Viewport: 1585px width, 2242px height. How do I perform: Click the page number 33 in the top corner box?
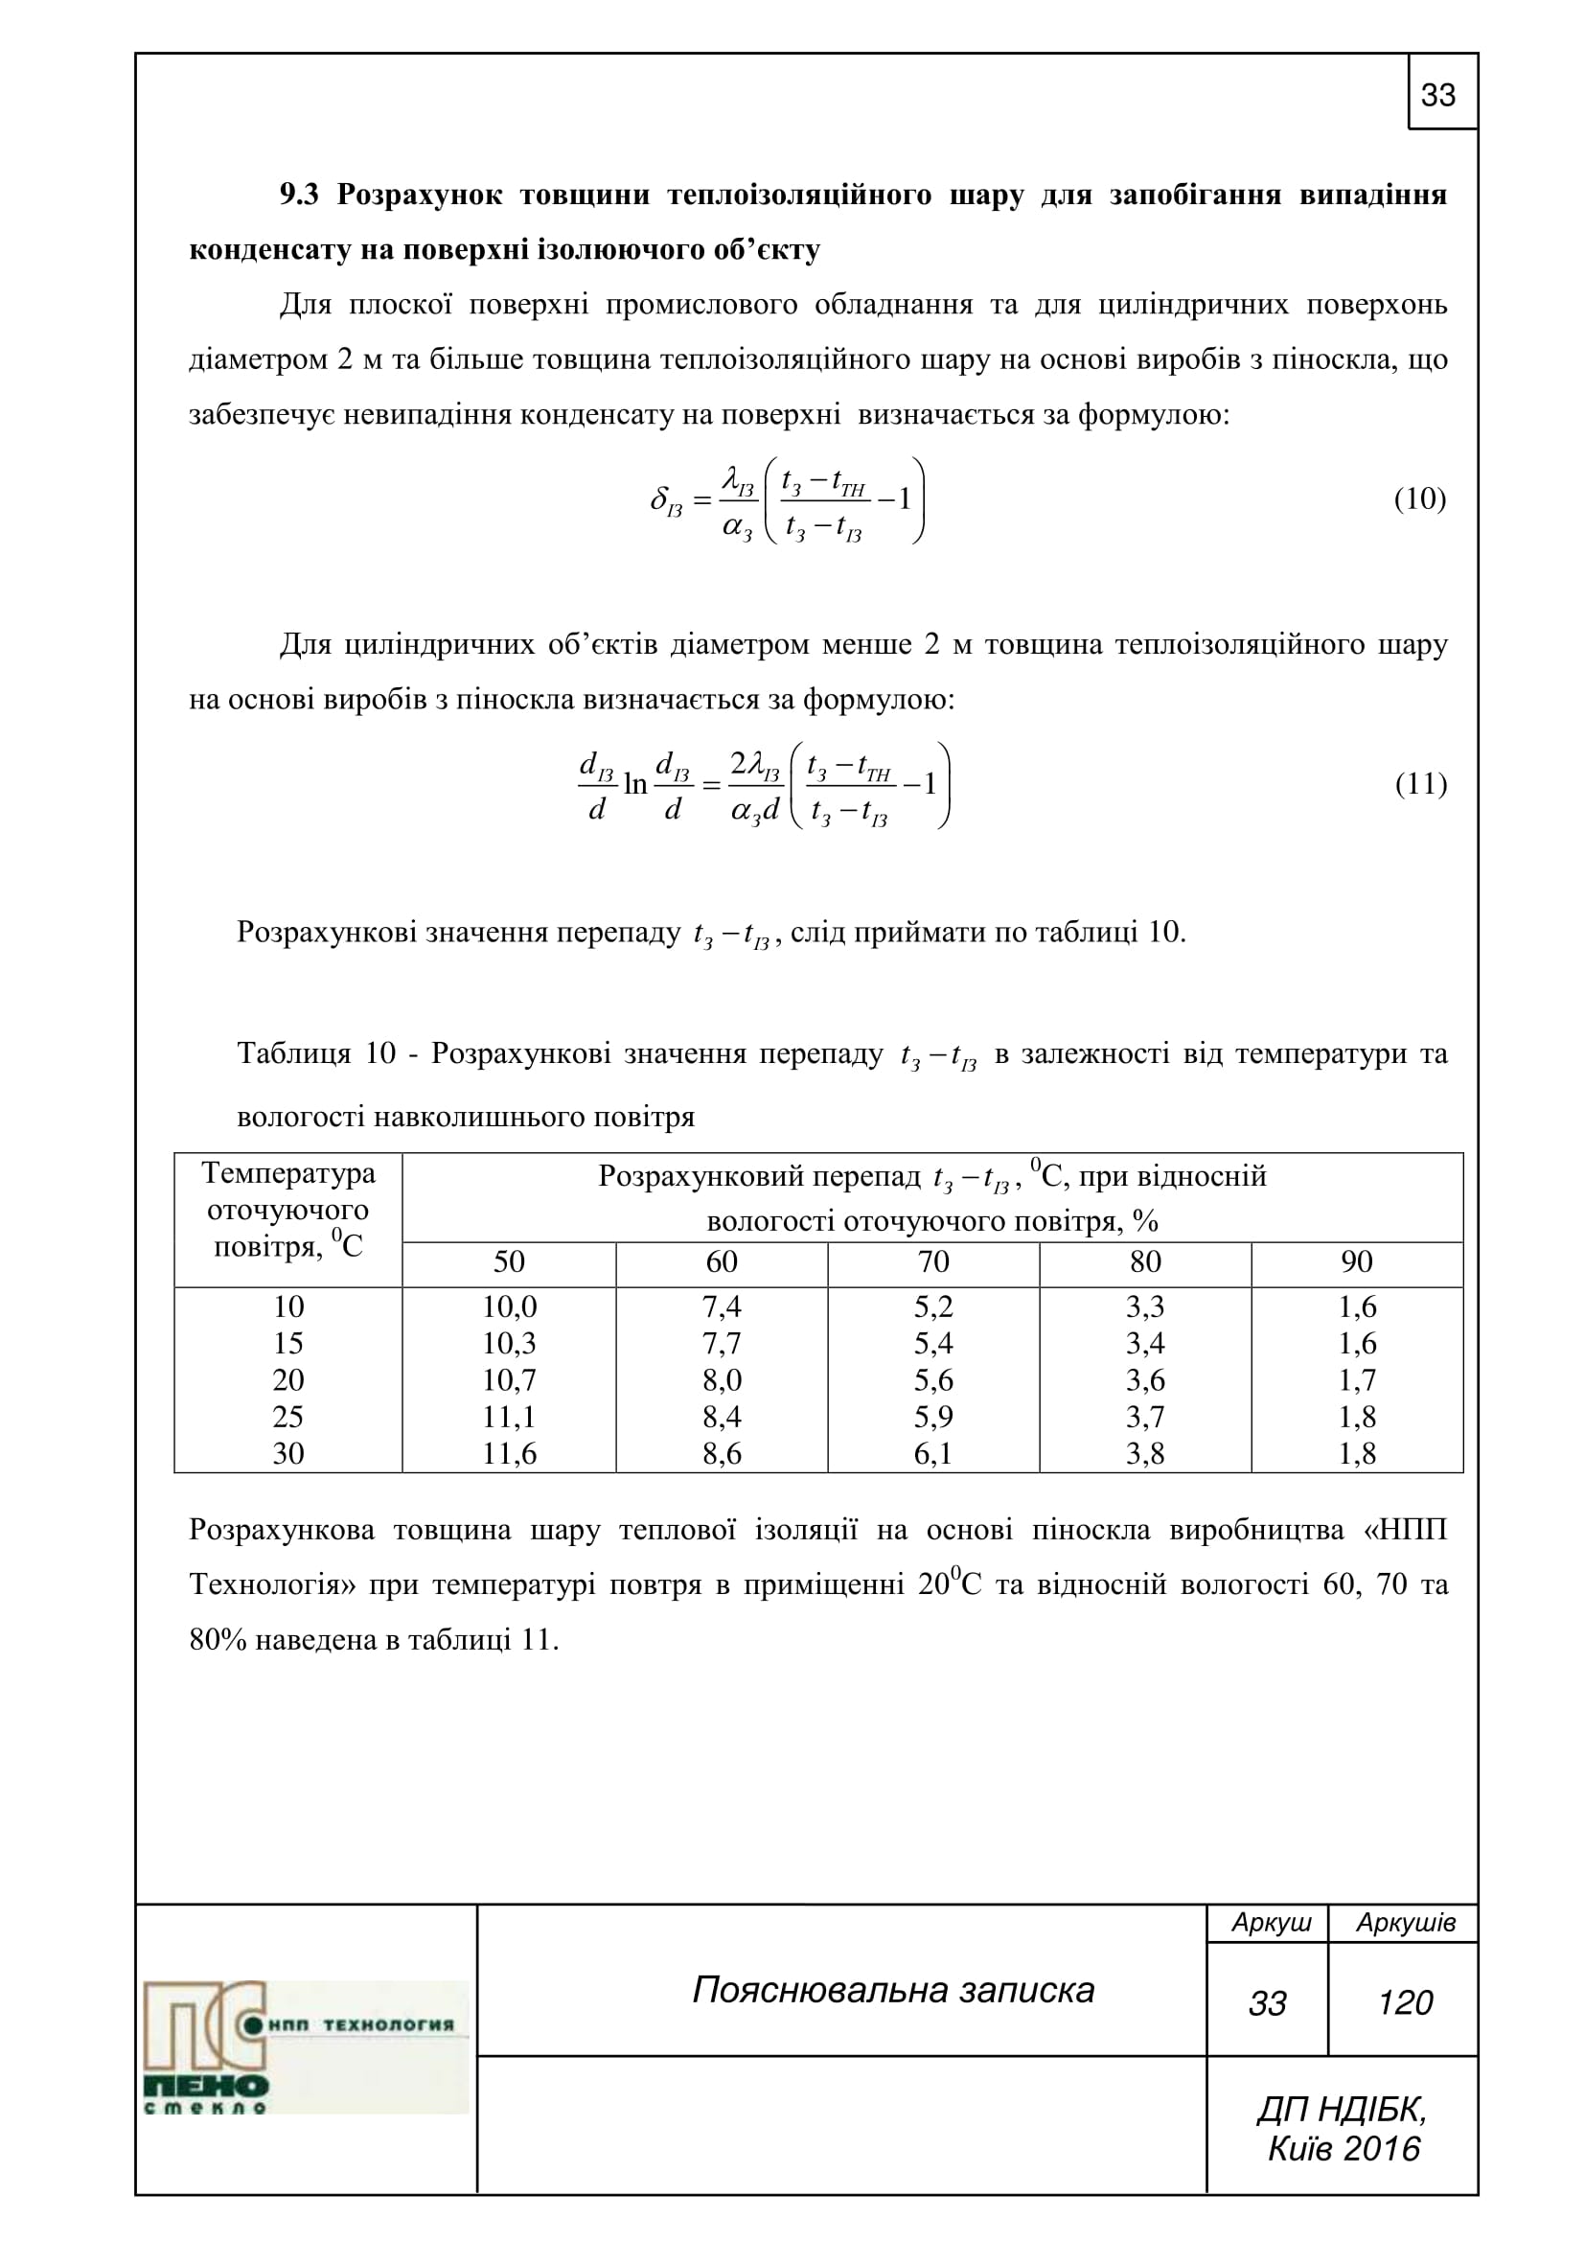click(x=1438, y=95)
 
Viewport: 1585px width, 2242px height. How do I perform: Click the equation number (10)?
click(x=1420, y=499)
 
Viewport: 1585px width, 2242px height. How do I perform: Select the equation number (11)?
click(x=1420, y=784)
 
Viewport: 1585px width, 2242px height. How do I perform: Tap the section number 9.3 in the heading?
click(x=300, y=196)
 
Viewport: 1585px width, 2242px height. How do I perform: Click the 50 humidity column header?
click(x=509, y=1261)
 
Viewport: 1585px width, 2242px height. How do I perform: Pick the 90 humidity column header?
click(x=1357, y=1261)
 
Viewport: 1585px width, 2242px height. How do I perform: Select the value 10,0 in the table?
click(x=509, y=1306)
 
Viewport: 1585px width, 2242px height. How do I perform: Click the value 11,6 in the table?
click(x=509, y=1453)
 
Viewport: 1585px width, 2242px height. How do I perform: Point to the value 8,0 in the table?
click(x=722, y=1379)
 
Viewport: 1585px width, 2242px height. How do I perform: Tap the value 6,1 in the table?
click(x=933, y=1453)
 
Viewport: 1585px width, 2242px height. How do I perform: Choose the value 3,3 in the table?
click(x=1145, y=1306)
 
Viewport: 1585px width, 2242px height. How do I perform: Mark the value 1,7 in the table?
click(x=1357, y=1379)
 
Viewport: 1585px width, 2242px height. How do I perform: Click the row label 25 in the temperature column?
click(x=287, y=1417)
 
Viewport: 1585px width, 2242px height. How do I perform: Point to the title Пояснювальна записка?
click(x=893, y=1990)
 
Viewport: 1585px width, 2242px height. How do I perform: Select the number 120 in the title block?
click(x=1405, y=2002)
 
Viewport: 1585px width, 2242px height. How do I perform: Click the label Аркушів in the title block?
click(x=1406, y=1923)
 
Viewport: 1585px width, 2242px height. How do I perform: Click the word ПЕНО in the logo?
click(x=206, y=2087)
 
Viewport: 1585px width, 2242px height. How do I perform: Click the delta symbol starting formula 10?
click(x=658, y=500)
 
